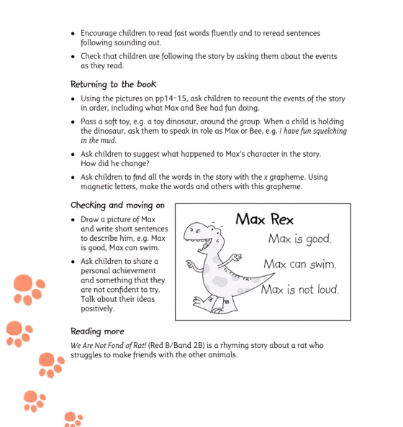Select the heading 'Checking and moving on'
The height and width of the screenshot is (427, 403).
[117, 205]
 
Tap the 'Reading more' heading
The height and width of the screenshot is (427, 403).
[97, 331]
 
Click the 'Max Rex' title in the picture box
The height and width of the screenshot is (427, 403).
[264, 219]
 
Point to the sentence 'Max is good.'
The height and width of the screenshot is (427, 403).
[300, 239]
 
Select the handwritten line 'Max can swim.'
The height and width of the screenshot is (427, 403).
[300, 264]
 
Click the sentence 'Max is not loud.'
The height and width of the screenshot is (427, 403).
[299, 290]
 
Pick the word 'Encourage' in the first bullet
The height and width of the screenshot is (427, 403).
[101, 34]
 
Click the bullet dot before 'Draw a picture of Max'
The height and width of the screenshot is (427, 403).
[73, 221]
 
